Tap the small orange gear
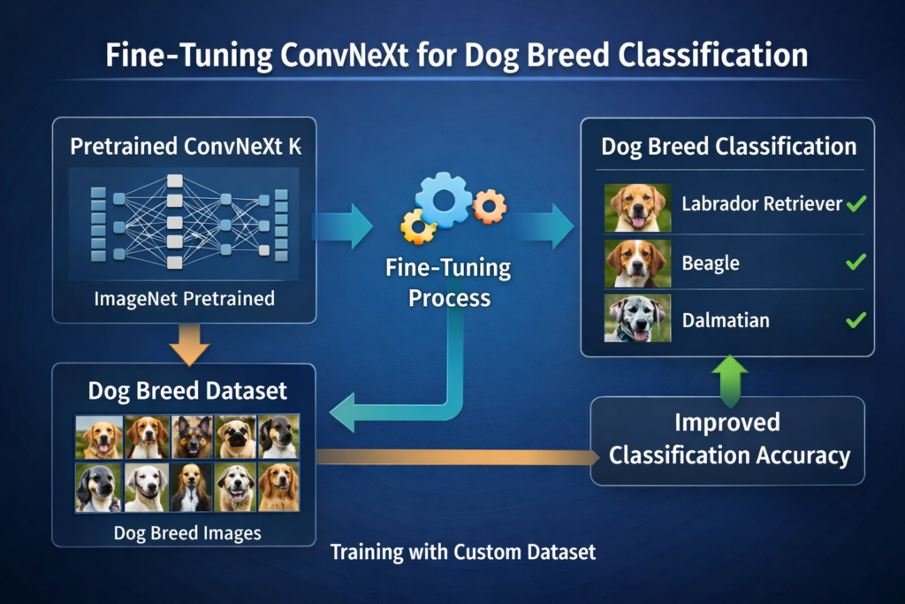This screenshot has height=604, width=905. pyautogui.click(x=489, y=205)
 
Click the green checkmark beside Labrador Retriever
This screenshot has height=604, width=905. pyautogui.click(x=855, y=204)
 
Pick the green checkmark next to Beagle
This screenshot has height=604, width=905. pyautogui.click(x=855, y=263)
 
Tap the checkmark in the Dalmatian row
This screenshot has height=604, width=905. pyautogui.click(x=855, y=320)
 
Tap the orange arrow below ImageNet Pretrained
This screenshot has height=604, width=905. pyautogui.click(x=187, y=342)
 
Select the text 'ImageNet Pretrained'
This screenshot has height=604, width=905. pyautogui.click(x=184, y=299)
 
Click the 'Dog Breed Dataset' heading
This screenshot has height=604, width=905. pyautogui.click(x=187, y=390)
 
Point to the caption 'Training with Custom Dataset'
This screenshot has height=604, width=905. pyautogui.click(x=463, y=553)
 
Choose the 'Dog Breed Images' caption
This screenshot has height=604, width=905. pyautogui.click(x=186, y=533)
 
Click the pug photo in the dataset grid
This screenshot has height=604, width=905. pyautogui.click(x=234, y=437)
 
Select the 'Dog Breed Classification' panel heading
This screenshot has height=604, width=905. pyautogui.click(x=728, y=147)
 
